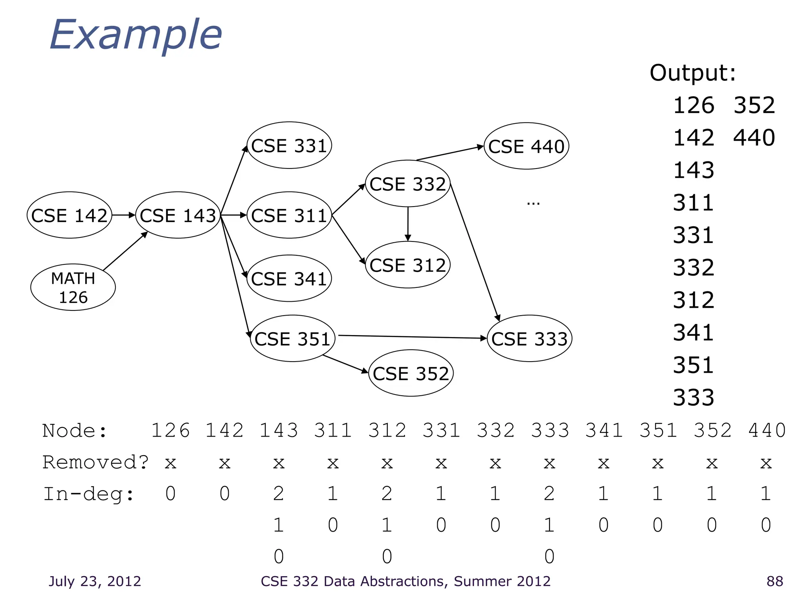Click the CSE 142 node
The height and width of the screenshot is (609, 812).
point(69,215)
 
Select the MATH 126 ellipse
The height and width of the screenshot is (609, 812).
point(73,287)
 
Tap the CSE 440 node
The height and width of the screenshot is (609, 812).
point(526,146)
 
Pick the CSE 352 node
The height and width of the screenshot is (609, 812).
point(411,373)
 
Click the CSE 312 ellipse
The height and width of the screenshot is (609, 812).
point(408,265)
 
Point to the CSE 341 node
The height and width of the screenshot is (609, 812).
point(289,279)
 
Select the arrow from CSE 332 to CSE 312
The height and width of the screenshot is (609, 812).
point(408,224)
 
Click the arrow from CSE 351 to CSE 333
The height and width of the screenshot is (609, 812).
point(412,337)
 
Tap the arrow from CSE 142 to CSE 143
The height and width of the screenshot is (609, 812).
point(123,215)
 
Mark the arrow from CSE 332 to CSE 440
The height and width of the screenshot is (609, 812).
point(450,153)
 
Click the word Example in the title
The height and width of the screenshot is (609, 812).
point(136,36)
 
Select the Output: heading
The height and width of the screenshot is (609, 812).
point(692,73)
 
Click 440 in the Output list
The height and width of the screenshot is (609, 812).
point(754,138)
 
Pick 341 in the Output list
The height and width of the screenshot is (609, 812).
point(693,333)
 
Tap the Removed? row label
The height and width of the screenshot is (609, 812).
point(96,462)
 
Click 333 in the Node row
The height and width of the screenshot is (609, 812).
point(550,431)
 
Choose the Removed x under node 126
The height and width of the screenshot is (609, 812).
point(170,463)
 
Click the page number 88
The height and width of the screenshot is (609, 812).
point(775,581)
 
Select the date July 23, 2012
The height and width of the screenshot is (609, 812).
point(95,581)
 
